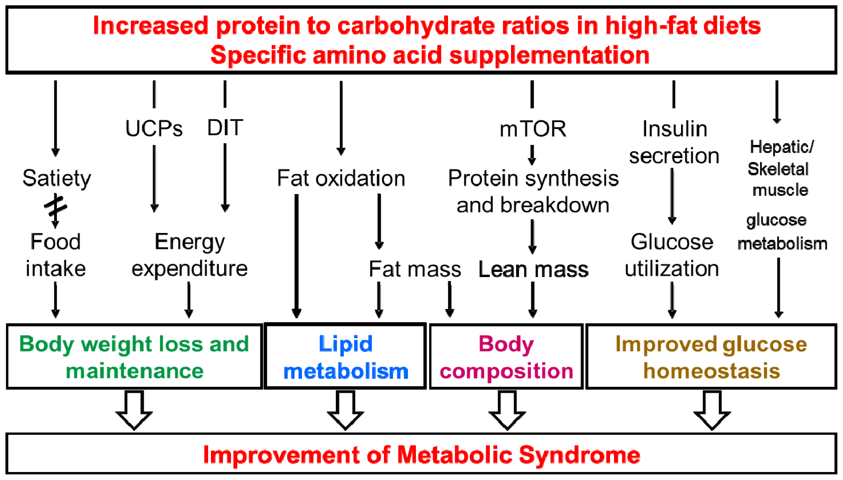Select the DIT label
pyautogui.click(x=225, y=127)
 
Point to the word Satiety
pyautogui.click(x=56, y=178)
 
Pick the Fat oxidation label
pyautogui.click(x=341, y=178)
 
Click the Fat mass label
pyautogui.click(x=414, y=269)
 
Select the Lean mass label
pyautogui.click(x=533, y=269)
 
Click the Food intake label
pyautogui.click(x=55, y=255)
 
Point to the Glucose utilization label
pyautogui.click(x=672, y=255)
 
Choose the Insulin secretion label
pyautogui.click(x=674, y=142)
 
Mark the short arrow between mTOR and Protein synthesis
pyautogui.click(x=532, y=155)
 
